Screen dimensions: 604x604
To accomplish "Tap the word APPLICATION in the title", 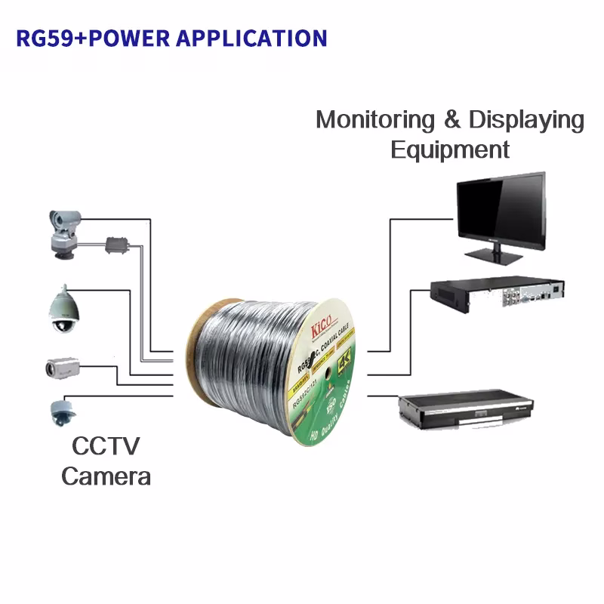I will [251, 38].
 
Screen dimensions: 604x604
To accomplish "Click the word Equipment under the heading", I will [450, 149].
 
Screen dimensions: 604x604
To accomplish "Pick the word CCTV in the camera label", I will [106, 446].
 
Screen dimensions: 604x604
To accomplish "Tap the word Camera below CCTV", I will [106, 476].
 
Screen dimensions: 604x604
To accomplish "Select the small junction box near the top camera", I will [118, 245].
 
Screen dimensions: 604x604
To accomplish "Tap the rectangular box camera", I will [61, 368].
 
